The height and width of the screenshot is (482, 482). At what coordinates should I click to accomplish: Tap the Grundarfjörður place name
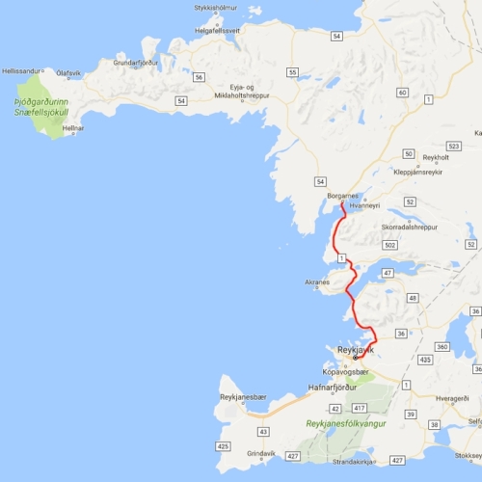click(134, 63)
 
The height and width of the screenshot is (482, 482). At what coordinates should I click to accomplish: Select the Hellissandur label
click(23, 70)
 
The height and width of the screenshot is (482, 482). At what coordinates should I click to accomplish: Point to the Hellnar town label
click(73, 127)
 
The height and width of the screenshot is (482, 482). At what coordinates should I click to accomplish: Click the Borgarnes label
click(344, 196)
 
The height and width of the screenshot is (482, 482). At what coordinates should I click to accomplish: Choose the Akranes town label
click(317, 282)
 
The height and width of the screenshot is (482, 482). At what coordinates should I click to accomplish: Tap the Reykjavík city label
click(355, 350)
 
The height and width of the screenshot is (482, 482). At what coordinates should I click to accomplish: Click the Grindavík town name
click(261, 453)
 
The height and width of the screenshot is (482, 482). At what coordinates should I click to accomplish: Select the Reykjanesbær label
click(242, 397)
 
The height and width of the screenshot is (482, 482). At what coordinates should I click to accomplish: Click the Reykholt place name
click(436, 156)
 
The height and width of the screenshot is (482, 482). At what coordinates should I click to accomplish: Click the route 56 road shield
click(198, 76)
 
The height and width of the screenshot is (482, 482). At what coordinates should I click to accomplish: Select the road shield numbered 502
click(389, 246)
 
